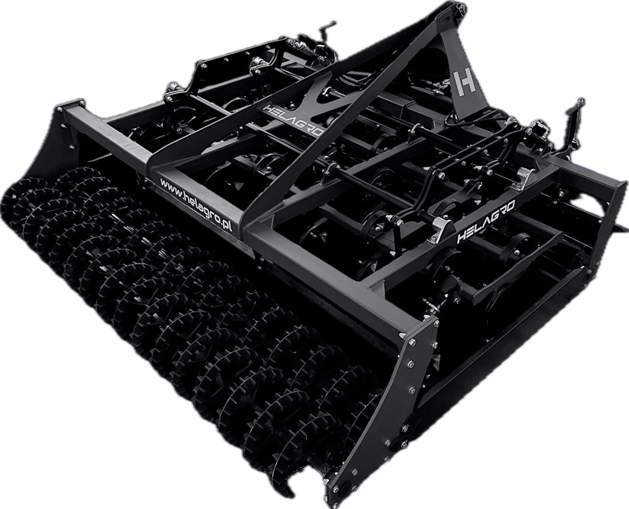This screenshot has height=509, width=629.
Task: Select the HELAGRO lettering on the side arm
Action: click(486, 221)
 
